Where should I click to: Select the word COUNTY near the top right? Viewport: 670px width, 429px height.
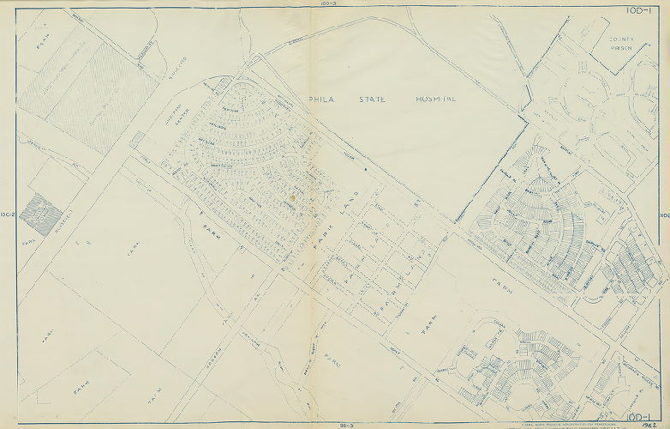(621, 39)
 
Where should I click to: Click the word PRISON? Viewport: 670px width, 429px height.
(621, 48)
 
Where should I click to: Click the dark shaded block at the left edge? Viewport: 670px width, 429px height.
(36, 214)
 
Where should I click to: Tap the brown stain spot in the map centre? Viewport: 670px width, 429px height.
(291, 197)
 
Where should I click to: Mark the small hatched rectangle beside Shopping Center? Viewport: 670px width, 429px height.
(137, 139)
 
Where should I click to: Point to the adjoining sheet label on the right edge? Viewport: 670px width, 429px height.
(664, 215)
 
